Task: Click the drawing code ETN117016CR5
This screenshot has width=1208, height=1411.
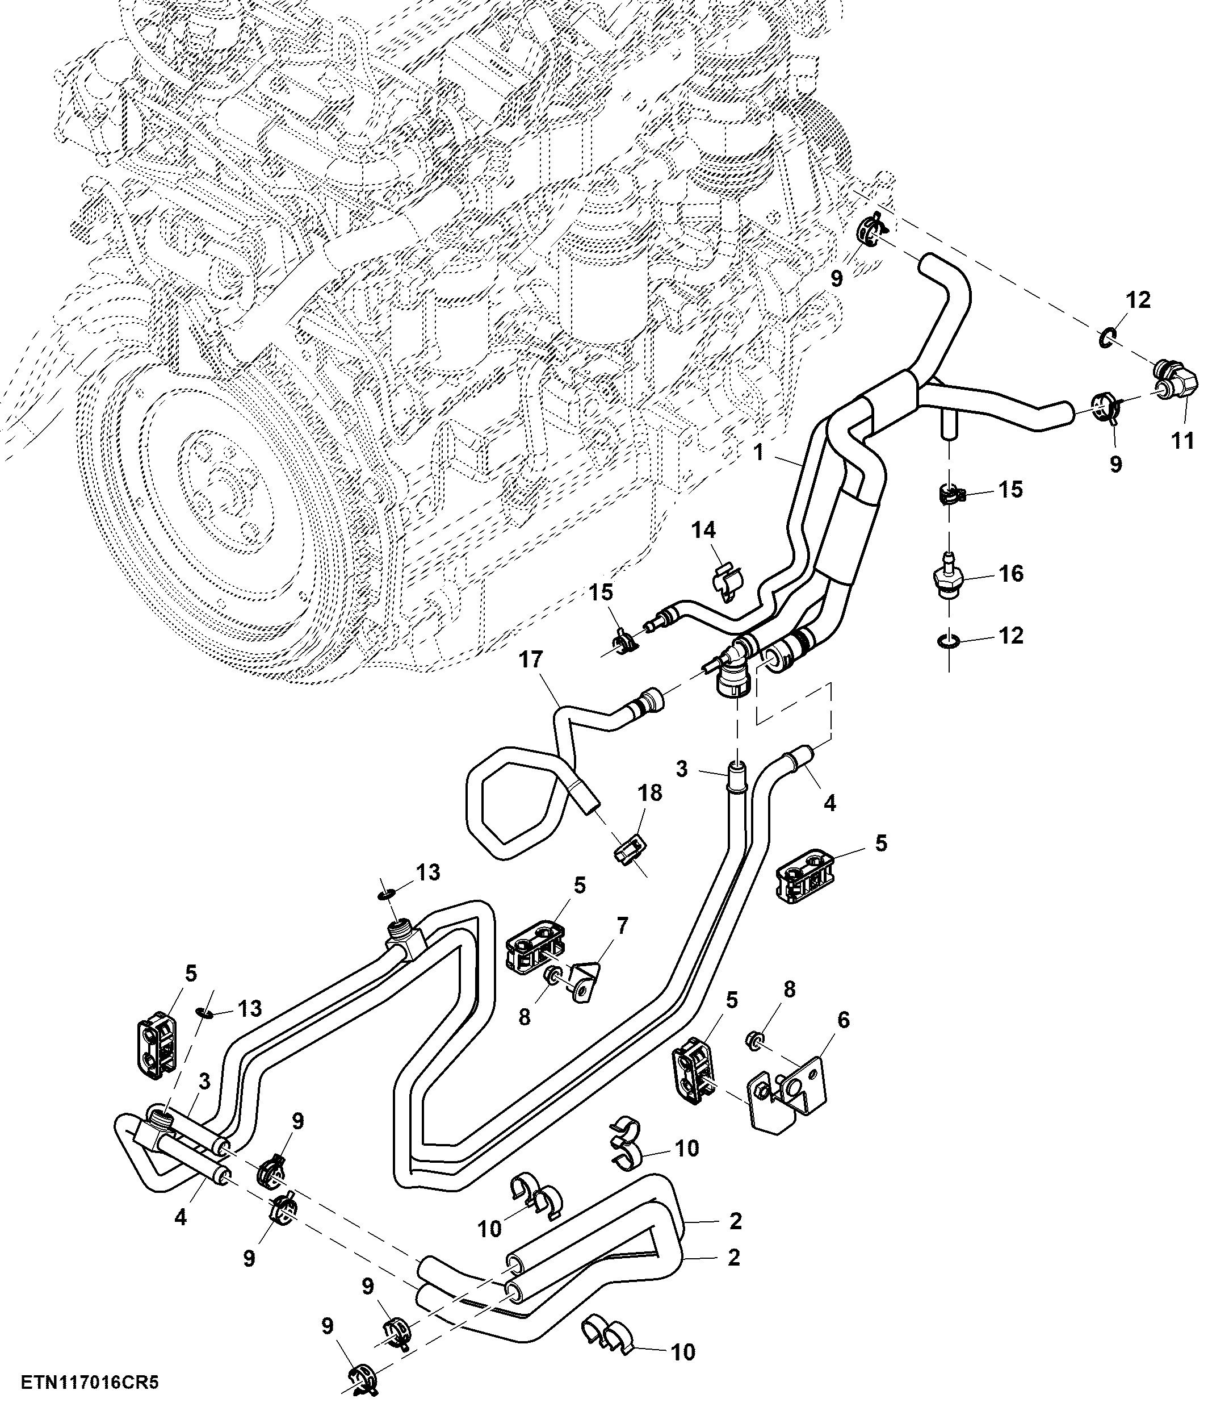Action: coord(89,1383)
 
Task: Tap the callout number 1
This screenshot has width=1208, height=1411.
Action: coord(759,452)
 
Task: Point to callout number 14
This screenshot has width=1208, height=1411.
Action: coord(704,529)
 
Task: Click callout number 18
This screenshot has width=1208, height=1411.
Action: coord(650,792)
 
